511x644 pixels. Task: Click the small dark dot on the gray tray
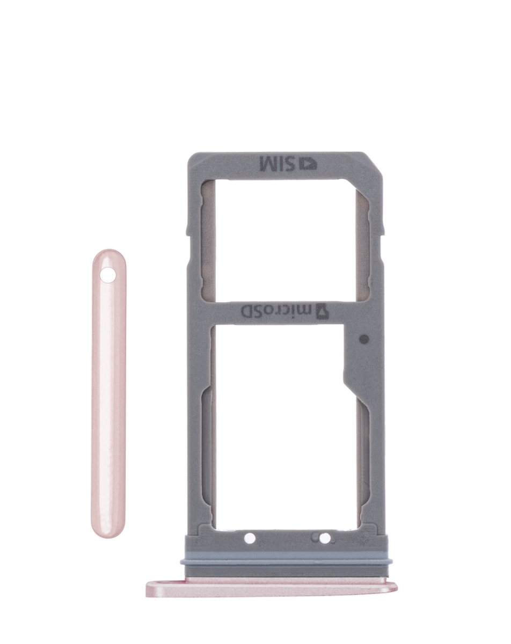point(363,339)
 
